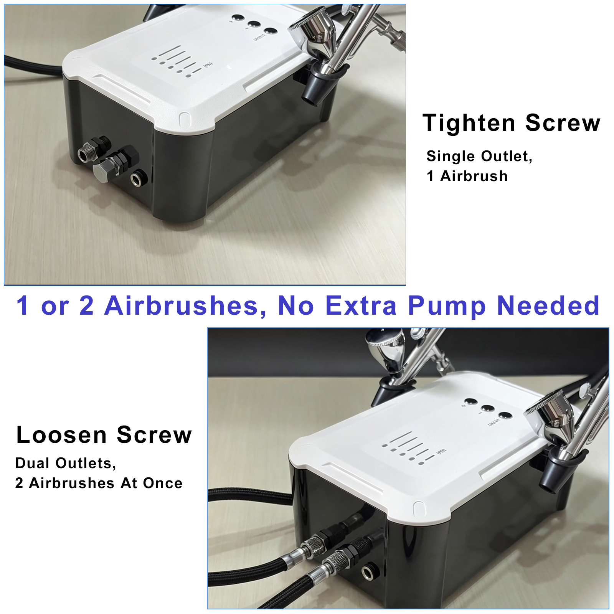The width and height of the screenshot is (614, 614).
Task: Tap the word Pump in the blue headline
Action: (447, 306)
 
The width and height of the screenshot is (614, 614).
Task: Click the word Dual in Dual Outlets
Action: (31, 463)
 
